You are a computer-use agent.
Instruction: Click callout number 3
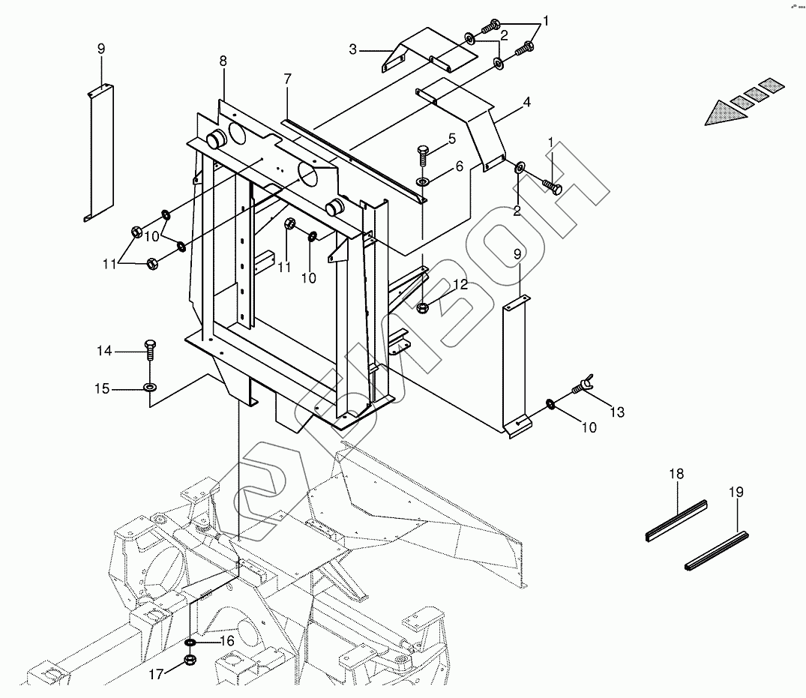353,50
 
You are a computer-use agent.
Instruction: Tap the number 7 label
287,79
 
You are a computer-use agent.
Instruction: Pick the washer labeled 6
424,181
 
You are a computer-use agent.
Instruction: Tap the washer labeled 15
149,388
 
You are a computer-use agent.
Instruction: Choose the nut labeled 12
422,305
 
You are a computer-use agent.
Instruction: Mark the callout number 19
736,492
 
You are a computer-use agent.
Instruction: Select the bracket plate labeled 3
427,49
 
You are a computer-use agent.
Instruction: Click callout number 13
616,412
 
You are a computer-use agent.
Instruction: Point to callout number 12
460,284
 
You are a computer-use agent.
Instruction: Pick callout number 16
226,641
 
